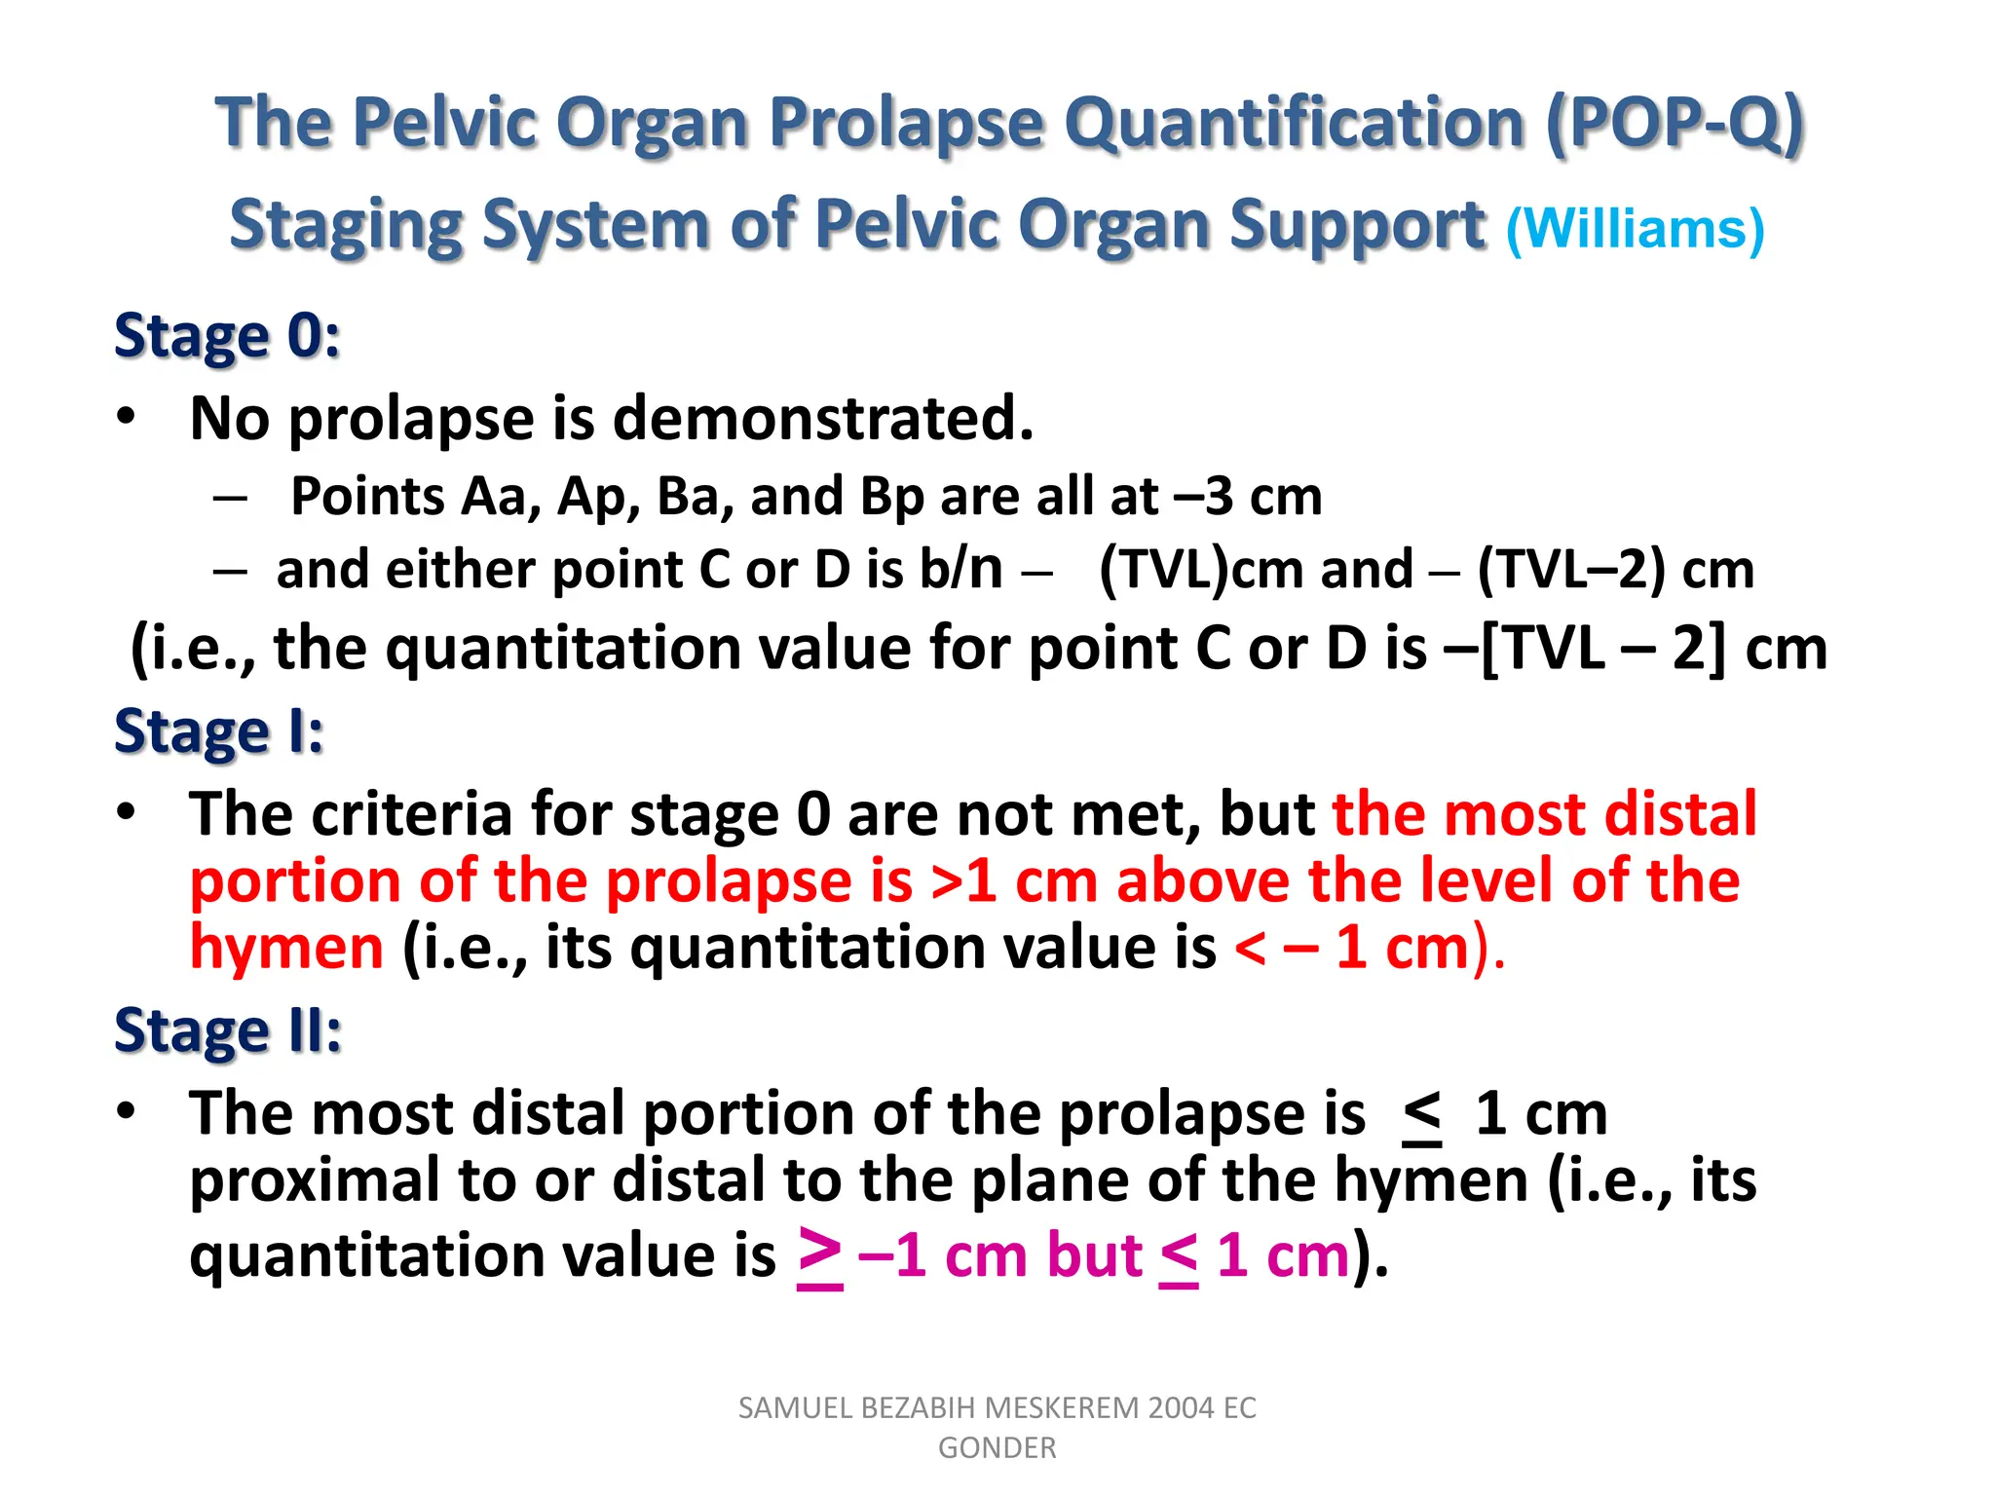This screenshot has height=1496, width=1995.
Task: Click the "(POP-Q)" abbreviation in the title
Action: (x=1675, y=124)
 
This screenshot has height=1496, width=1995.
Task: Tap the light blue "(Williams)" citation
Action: (x=1636, y=229)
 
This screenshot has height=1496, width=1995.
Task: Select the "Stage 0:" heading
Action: (x=227, y=336)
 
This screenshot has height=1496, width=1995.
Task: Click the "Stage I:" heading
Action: (x=218, y=731)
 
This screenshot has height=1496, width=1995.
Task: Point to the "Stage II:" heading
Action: (x=227, y=1030)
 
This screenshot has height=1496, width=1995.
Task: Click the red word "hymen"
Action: (x=286, y=948)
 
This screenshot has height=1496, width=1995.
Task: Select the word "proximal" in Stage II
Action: (x=315, y=1180)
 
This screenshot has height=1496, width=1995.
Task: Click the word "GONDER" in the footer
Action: (x=997, y=1448)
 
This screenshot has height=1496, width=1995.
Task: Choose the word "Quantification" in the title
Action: (x=1294, y=124)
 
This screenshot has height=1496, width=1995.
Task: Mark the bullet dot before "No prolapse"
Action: (x=126, y=417)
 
